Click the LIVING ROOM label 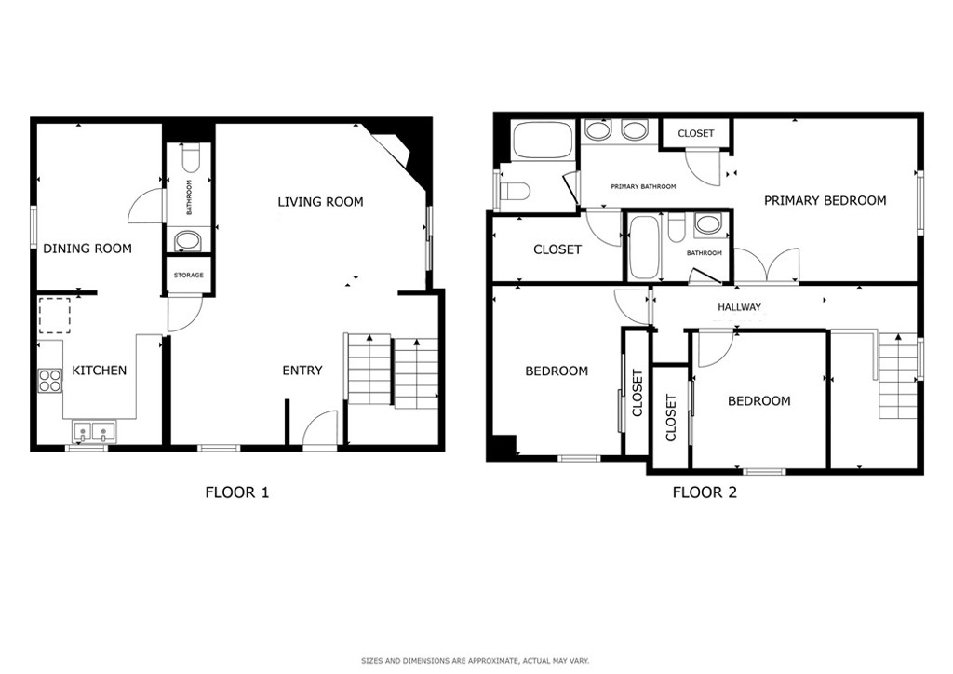tap(320, 202)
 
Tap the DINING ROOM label tap(87, 249)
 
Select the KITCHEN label tap(100, 371)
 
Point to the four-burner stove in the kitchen tap(50, 381)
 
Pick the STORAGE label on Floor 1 tap(188, 276)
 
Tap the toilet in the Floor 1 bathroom tap(189, 156)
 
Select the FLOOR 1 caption tap(237, 492)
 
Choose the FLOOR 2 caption tap(705, 492)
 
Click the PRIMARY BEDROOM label tap(825, 200)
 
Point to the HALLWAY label tap(739, 307)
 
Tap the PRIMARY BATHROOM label tap(643, 186)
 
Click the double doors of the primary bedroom tap(767, 265)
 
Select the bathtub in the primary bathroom tap(543, 141)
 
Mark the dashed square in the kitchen tap(55, 316)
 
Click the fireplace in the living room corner tap(398, 150)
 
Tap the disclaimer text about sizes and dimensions tap(476, 661)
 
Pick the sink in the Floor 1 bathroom tap(188, 241)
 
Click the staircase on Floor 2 tap(896, 375)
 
